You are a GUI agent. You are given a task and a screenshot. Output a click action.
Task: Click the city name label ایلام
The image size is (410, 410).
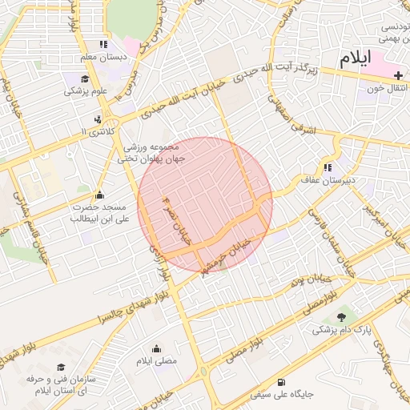point(356,58)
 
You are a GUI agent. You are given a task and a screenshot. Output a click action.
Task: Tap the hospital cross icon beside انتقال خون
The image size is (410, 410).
point(398,74)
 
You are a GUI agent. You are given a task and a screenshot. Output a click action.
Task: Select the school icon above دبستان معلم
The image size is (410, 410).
point(102,45)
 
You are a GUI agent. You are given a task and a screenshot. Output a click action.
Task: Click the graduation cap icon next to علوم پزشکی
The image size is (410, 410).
point(85,78)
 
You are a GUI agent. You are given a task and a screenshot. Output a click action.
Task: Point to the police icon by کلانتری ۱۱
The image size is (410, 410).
point(98,119)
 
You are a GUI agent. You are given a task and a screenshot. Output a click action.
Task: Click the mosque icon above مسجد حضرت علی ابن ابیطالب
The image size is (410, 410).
point(99,195)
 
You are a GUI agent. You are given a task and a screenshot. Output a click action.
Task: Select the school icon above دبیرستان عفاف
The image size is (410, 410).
point(328,167)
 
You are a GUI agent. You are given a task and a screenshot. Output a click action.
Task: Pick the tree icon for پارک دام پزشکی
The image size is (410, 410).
point(342,317)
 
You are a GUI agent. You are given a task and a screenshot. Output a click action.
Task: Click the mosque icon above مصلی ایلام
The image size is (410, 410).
point(155,348)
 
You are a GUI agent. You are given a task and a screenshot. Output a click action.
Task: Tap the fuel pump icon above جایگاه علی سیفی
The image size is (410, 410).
point(279,382)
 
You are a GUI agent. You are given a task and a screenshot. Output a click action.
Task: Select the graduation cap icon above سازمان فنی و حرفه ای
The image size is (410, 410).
point(60,365)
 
